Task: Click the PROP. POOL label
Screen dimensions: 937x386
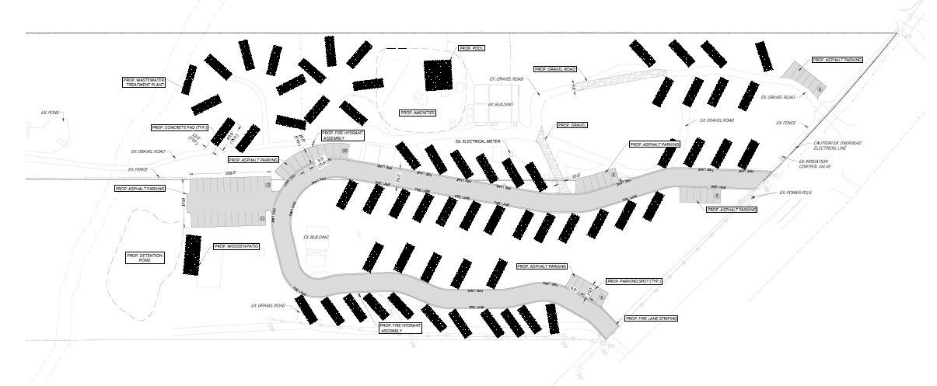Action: pyautogui.click(x=471, y=48)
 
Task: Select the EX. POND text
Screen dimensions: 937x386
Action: pyautogui.click(x=50, y=113)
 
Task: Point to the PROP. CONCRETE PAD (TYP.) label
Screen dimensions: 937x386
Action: pyautogui.click(x=180, y=127)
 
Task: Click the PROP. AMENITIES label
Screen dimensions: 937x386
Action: pyautogui.click(x=418, y=113)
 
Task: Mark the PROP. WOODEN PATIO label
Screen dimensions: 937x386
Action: pyautogui.click(x=236, y=246)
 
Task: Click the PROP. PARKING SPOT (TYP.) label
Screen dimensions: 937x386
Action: pyautogui.click(x=633, y=281)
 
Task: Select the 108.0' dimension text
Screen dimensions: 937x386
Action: pyautogui.click(x=230, y=173)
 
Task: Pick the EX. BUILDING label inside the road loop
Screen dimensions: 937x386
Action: pyautogui.click(x=316, y=237)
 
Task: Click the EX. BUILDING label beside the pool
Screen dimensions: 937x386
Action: pyautogui.click(x=501, y=104)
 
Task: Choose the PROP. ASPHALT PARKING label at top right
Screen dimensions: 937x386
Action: pyautogui.click(x=837, y=60)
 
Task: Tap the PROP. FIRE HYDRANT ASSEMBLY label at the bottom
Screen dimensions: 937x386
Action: pyautogui.click(x=403, y=329)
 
